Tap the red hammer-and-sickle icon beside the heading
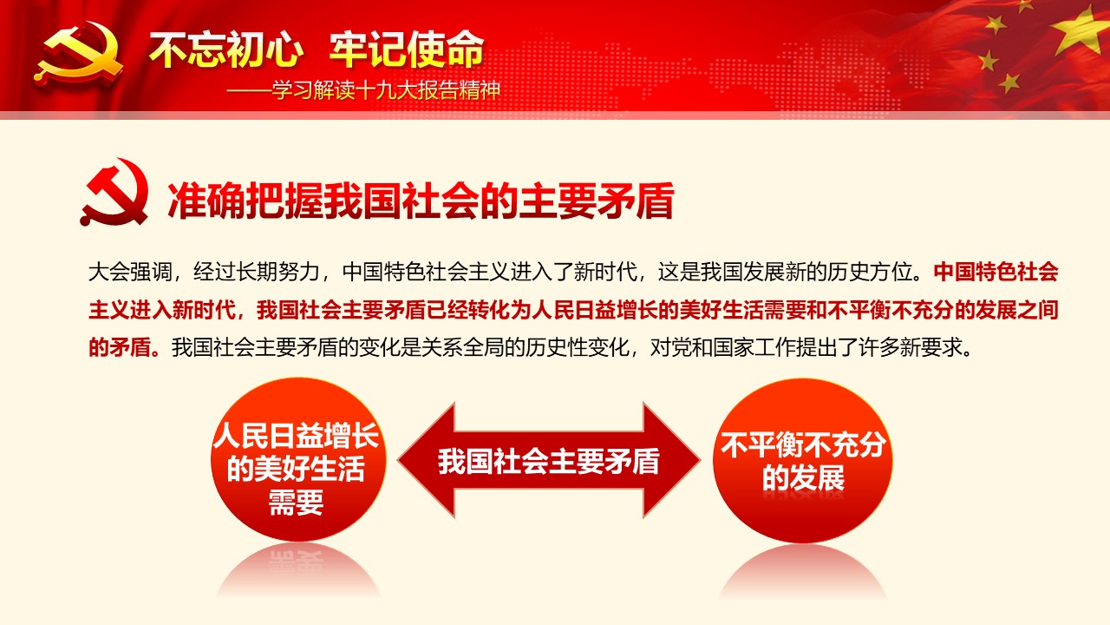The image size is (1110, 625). (x=114, y=193)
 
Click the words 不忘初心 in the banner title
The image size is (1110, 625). (x=226, y=49)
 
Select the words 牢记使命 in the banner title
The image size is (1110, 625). (x=407, y=49)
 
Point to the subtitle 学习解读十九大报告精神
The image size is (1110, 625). (x=386, y=90)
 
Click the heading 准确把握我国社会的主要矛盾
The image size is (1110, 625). (x=421, y=201)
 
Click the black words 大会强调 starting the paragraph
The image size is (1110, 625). (x=130, y=272)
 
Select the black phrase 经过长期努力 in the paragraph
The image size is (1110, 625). (x=256, y=272)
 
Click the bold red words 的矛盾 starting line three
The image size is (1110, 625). (x=120, y=347)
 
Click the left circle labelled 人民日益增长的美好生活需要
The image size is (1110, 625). (x=297, y=459)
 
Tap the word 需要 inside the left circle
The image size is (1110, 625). (x=296, y=502)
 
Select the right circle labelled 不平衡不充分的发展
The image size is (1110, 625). (x=803, y=460)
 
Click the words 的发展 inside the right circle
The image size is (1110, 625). (x=803, y=478)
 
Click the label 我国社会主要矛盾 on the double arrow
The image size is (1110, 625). (x=549, y=461)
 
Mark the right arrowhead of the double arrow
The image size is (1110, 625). (x=671, y=460)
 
